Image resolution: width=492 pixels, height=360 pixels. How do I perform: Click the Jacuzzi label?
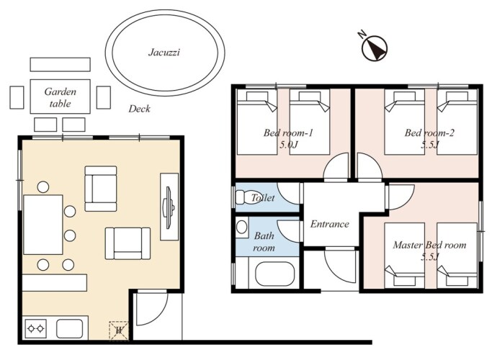click(164, 52)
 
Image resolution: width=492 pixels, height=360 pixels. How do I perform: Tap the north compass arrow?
click(375, 48)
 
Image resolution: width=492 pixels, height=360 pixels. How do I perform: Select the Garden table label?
click(61, 97)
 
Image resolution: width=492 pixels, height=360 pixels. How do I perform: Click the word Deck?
click(139, 109)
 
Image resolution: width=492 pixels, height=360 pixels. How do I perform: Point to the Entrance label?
click(330, 224)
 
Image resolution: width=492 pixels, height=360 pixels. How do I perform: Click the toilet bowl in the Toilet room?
click(249, 197)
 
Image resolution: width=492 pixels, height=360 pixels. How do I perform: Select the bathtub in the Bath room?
click(275, 274)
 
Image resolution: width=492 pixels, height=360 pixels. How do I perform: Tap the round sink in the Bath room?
click(241, 227)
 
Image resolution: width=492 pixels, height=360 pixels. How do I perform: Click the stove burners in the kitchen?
click(35, 328)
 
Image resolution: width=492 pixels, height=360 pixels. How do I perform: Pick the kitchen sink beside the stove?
click(70, 328)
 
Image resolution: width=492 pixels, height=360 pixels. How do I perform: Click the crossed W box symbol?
click(119, 330)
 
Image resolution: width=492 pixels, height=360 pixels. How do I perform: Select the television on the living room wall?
click(169, 207)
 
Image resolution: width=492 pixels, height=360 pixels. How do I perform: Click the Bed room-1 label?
click(288, 132)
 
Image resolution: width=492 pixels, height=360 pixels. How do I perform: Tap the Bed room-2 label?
click(429, 132)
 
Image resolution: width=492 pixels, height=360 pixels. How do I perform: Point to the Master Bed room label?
click(429, 245)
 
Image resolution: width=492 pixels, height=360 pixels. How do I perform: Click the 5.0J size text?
click(288, 145)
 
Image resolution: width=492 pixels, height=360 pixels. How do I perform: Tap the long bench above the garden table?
click(61, 64)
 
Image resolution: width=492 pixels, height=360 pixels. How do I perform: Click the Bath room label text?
click(264, 242)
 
